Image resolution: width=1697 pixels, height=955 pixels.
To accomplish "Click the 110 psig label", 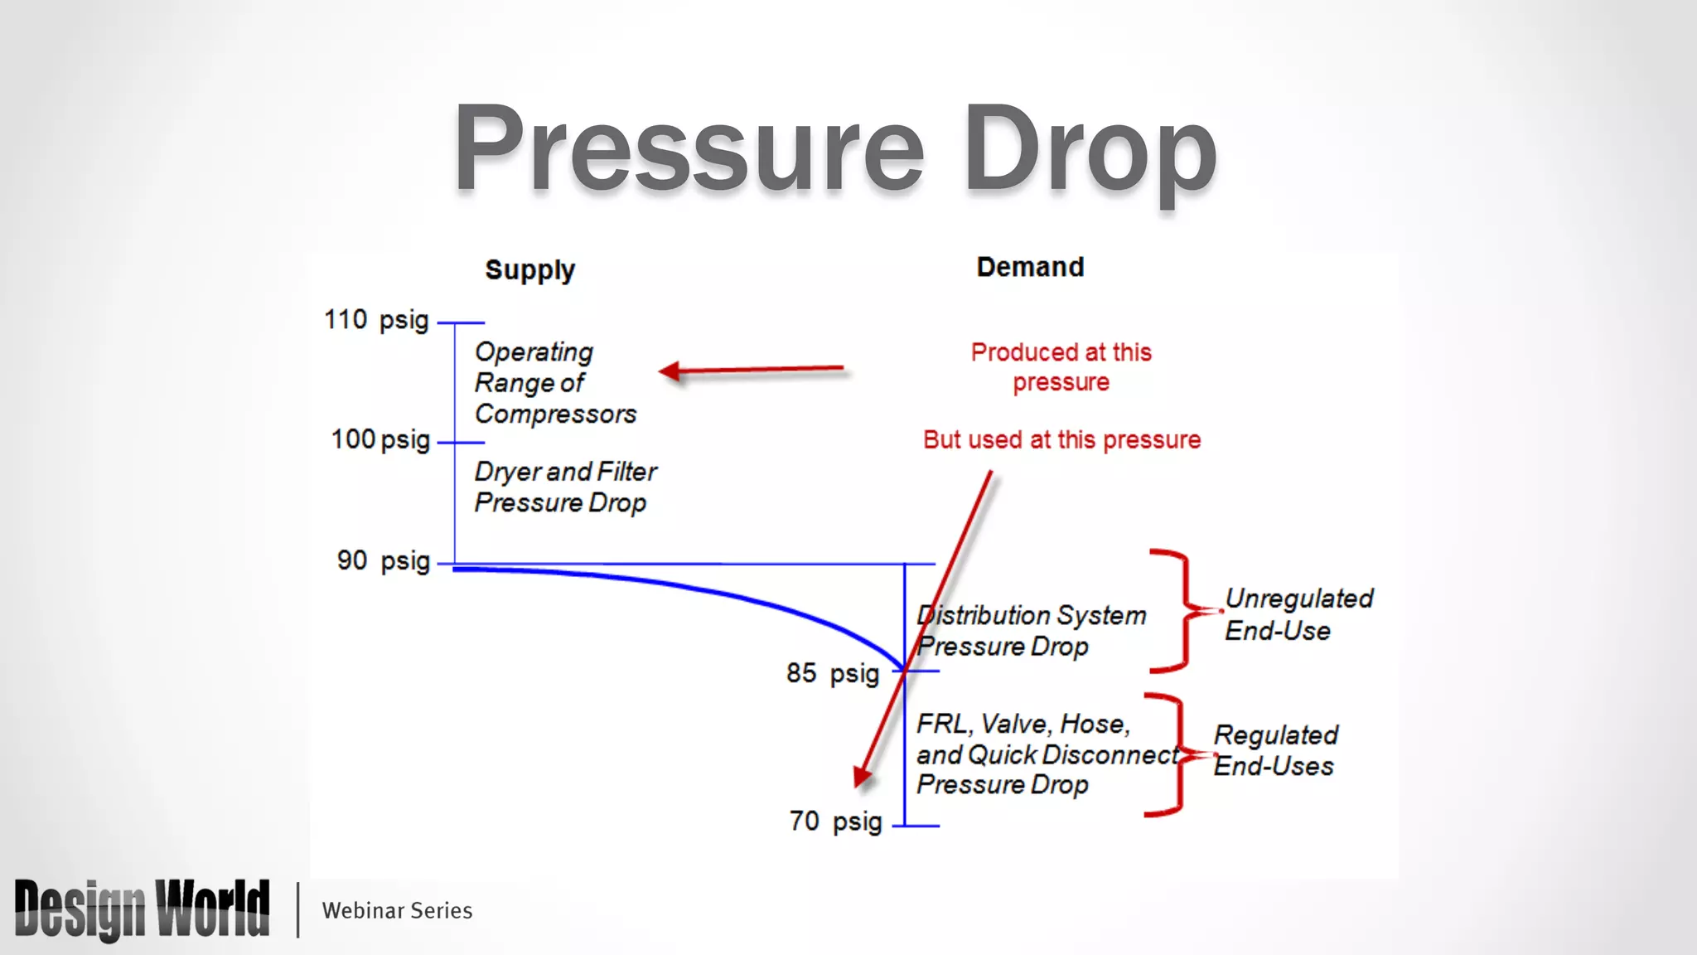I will pyautogui.click(x=376, y=320).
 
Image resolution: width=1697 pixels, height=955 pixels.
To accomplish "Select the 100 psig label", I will pyautogui.click(x=380, y=439).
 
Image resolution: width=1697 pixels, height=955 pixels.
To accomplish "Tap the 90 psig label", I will pyautogui.click(x=383, y=561).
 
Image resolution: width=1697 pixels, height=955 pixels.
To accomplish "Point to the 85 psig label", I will pyautogui.click(x=832, y=673).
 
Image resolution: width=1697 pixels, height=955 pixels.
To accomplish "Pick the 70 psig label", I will pyautogui.click(x=835, y=822).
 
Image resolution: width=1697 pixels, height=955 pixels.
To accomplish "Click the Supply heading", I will pyautogui.click(x=529, y=270).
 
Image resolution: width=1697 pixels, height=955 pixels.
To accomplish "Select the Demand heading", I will pyautogui.click(x=1030, y=267).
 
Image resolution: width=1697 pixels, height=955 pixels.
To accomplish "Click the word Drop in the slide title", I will pyautogui.click(x=1090, y=149).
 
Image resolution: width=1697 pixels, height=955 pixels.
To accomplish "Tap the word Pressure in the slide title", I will pyautogui.click(x=689, y=149).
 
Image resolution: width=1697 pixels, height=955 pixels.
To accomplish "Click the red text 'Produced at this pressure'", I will pyautogui.click(x=1061, y=367).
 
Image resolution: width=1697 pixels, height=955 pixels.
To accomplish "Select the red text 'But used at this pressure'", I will pyautogui.click(x=1061, y=439).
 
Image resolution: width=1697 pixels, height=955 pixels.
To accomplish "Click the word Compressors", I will pyautogui.click(x=555, y=414).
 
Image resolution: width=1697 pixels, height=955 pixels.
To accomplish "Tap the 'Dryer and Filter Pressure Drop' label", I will pyautogui.click(x=565, y=487).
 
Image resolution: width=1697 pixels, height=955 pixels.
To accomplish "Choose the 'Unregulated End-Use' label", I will pyautogui.click(x=1298, y=614).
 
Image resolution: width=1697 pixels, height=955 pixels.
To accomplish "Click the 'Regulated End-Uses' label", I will pyautogui.click(x=1275, y=750).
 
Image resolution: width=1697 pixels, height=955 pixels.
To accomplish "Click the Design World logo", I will pyautogui.click(x=142, y=909).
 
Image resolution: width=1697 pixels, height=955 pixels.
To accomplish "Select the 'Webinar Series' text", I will pyautogui.click(x=397, y=910).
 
